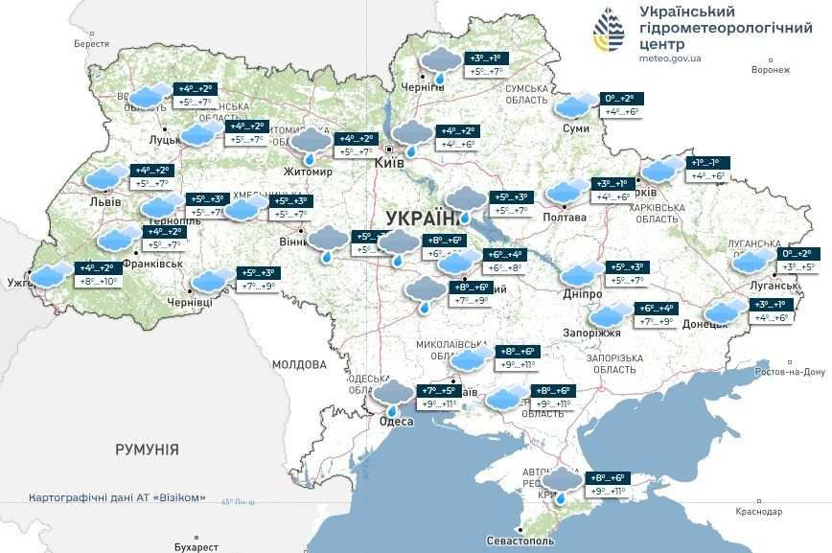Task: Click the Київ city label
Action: [x=388, y=163]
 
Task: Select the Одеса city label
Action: [x=396, y=422]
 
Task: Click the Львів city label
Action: [x=104, y=202]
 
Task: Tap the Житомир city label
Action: [x=308, y=173]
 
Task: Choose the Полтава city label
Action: [x=566, y=218]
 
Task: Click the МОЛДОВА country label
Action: [x=299, y=364]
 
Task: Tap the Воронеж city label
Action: [x=771, y=70]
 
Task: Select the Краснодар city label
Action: [x=759, y=512]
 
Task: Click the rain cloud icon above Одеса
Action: [x=393, y=395]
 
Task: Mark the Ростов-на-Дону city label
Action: [x=789, y=372]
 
